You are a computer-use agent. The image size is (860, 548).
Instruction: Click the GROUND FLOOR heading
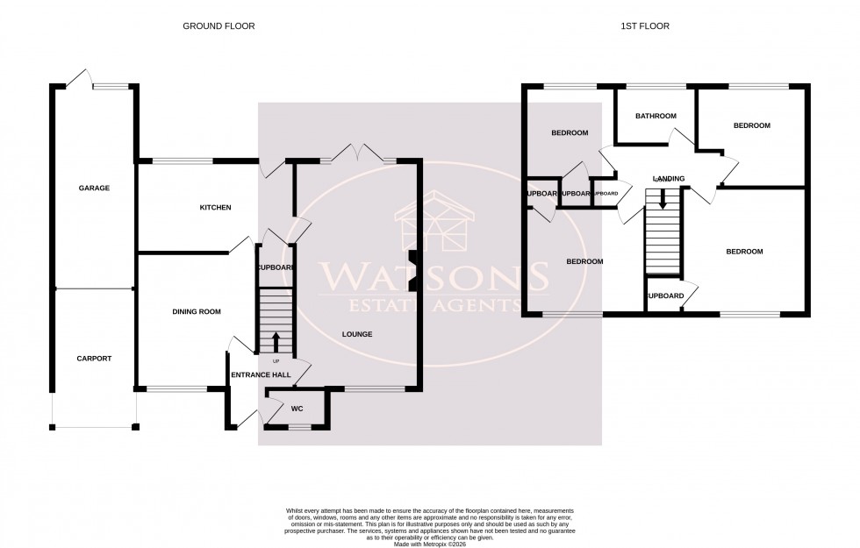point(219,26)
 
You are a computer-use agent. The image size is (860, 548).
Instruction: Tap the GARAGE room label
point(94,188)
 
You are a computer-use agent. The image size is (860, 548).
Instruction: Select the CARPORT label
point(94,359)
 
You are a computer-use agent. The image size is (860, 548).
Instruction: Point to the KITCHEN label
point(215,208)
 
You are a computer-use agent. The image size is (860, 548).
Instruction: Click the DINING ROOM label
point(197,311)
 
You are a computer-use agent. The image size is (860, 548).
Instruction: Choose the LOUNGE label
point(357,334)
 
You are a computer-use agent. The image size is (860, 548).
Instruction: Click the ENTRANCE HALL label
point(261,375)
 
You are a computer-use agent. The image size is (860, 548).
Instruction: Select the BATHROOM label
point(656,116)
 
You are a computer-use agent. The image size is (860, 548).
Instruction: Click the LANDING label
point(668,179)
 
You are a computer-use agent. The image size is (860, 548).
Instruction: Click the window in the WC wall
point(299,427)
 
